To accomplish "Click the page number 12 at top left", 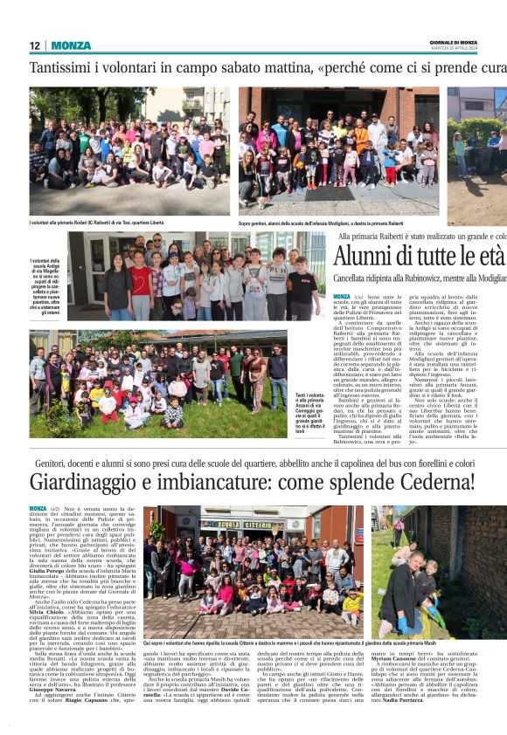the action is (35, 45).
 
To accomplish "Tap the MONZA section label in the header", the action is (71, 45).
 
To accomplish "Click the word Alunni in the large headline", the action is (367, 257).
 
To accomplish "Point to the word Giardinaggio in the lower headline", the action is (110, 482).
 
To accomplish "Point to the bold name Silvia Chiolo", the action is (48, 613).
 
